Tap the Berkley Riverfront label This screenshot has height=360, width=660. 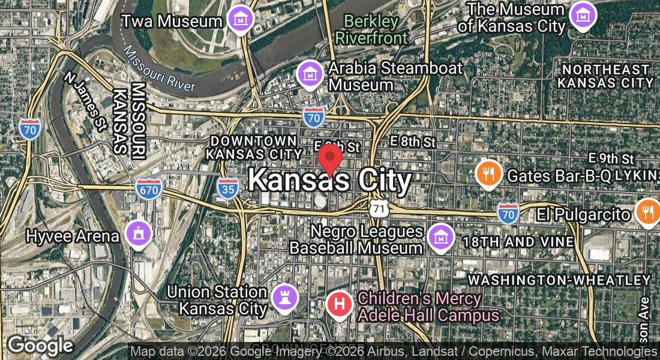pos(371,29)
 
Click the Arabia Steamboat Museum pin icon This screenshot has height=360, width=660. pos(310,74)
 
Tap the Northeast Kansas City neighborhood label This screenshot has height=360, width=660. pos(605,76)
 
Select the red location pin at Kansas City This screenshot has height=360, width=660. pos(329,158)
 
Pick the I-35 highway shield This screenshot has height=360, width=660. pos(228,187)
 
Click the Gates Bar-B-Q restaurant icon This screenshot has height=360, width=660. pos(489,174)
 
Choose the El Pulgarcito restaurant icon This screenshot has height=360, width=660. pos(648,212)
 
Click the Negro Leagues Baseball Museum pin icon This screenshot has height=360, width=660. pos(440,237)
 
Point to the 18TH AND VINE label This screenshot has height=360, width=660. pos(518,242)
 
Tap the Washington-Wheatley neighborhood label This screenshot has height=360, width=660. pos(559,280)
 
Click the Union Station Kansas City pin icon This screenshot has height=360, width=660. pos(284,297)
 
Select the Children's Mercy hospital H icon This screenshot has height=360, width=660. pos(339,304)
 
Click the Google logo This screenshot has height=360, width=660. pos(40,346)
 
